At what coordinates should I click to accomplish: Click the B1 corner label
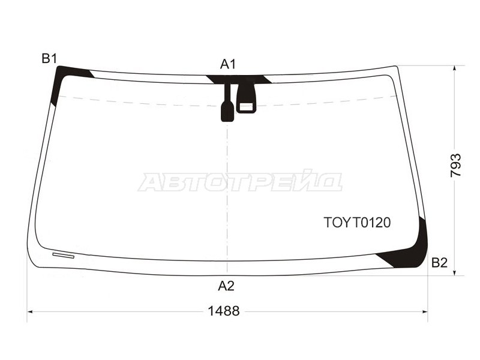pos(49,58)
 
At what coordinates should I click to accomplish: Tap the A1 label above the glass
pos(228,64)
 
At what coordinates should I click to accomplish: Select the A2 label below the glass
pos(226,286)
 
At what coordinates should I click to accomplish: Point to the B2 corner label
pos(439,262)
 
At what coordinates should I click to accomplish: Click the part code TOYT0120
pos(357,223)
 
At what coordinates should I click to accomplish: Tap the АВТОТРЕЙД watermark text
pos(240,181)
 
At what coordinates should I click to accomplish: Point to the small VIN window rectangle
pos(63,254)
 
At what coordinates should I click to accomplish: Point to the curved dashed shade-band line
pos(138,103)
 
